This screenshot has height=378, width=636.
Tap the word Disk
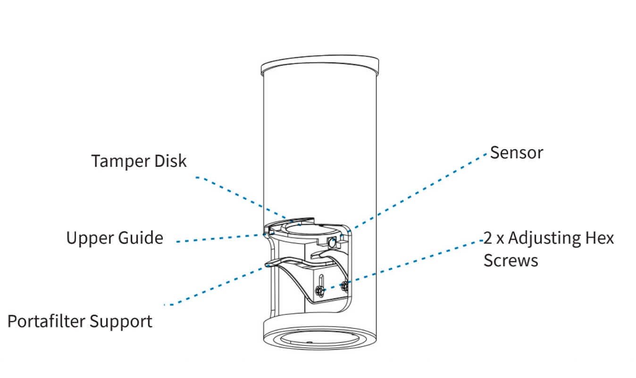pyautogui.click(x=170, y=161)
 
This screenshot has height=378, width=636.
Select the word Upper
pyautogui.click(x=88, y=238)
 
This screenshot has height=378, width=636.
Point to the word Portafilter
pyautogui.click(x=46, y=321)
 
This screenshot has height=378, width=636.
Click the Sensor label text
pyautogui.click(x=517, y=152)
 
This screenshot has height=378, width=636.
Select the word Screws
pyautogui.click(x=510, y=260)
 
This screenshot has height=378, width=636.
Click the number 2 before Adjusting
pyautogui.click(x=488, y=238)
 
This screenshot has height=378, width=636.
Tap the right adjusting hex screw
pyautogui.click(x=345, y=286)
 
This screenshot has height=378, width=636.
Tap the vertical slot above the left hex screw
pyautogui.click(x=320, y=279)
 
